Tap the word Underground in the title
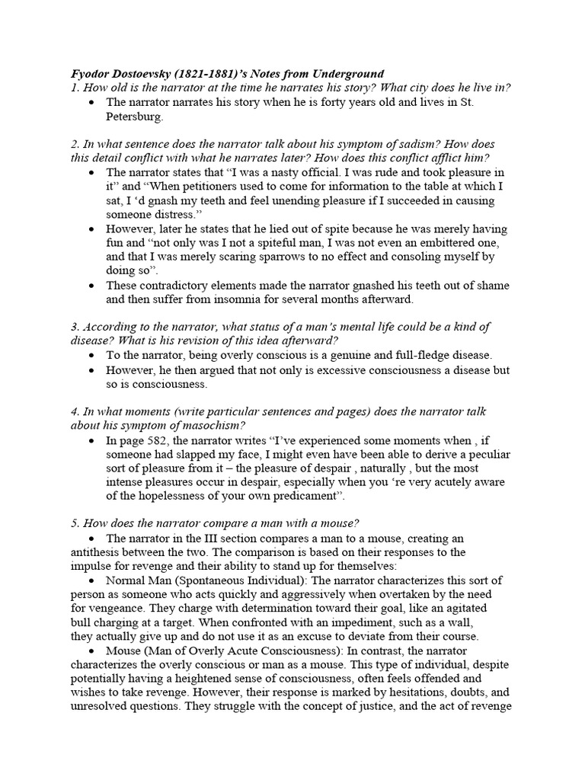coord(348,74)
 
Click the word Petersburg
coord(134,117)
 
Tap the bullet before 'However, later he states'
coord(92,229)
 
